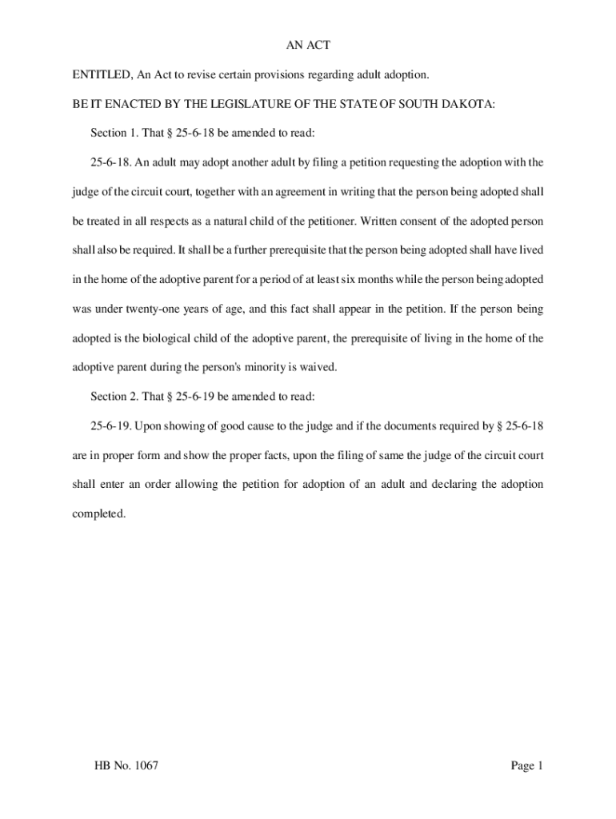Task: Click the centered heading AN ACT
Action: coord(308,46)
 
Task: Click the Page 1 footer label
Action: coord(527,766)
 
